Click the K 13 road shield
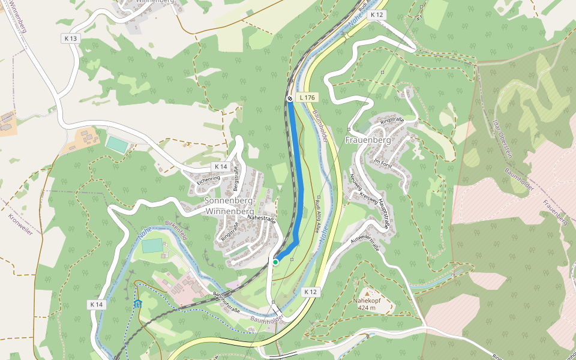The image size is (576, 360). click(x=71, y=38)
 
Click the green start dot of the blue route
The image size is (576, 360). click(x=275, y=262)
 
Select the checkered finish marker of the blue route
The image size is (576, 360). click(x=290, y=98)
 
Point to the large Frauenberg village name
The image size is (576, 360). click(x=368, y=140)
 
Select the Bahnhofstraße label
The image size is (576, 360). click(x=226, y=302)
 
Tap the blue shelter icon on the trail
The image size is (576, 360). click(x=138, y=304)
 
